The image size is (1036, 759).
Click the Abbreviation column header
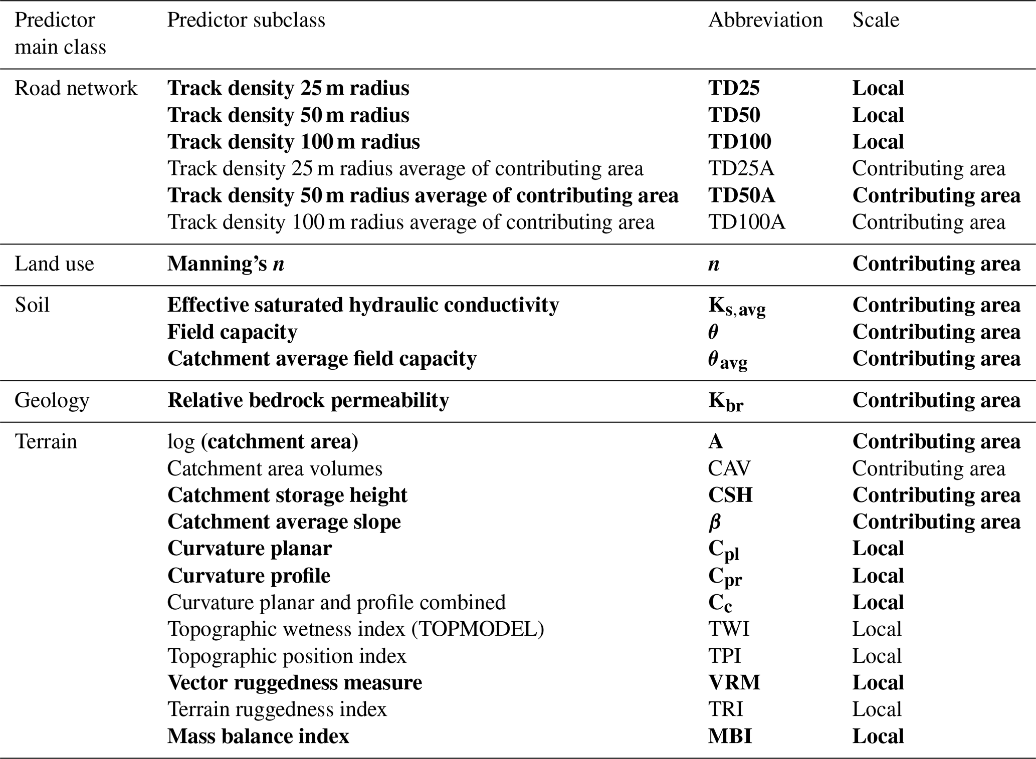coord(765,20)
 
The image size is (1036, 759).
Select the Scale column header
coord(876,20)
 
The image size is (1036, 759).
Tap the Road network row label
coord(76,88)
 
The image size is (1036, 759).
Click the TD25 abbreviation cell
coord(734,88)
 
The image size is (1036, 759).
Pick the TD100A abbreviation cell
coord(746,222)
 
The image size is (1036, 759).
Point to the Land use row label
coord(54,264)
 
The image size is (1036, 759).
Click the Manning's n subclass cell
coord(226,264)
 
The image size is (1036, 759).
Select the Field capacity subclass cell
coord(232,332)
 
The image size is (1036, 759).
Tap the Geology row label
coord(52,400)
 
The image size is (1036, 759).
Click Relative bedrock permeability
coord(308,400)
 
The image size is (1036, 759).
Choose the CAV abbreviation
coord(729,468)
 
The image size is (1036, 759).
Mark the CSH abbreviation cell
coord(730,495)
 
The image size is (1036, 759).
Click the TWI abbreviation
coord(728,629)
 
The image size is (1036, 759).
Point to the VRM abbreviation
coord(734,682)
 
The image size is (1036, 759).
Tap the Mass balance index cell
coord(258,736)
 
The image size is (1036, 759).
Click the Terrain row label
coord(46,441)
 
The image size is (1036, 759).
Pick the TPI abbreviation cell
coord(724,656)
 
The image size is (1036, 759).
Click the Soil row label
coord(32,305)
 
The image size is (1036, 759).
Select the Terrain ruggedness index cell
coord(277,709)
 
